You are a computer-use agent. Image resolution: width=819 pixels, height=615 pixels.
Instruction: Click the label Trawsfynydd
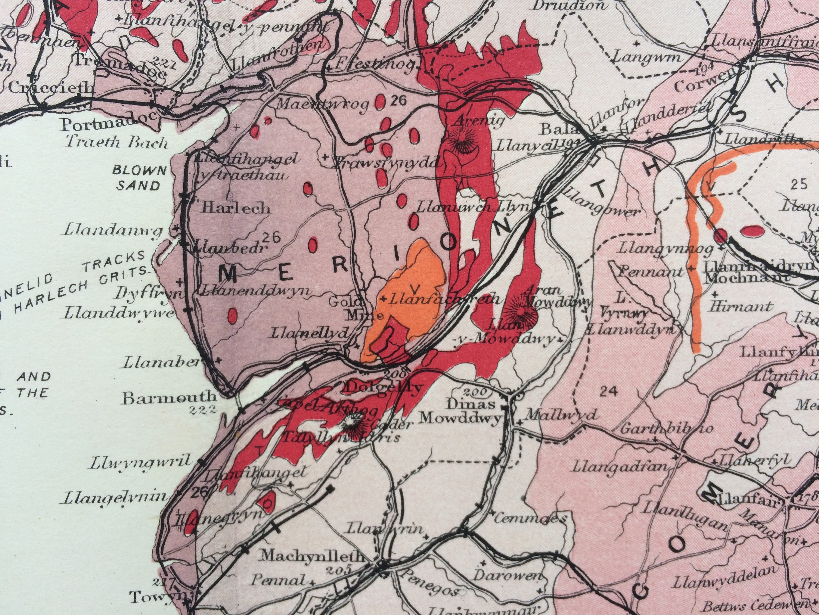(385, 162)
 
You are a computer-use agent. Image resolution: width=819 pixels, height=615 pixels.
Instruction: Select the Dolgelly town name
(383, 387)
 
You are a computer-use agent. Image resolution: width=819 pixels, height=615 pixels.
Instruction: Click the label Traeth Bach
(117, 142)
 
